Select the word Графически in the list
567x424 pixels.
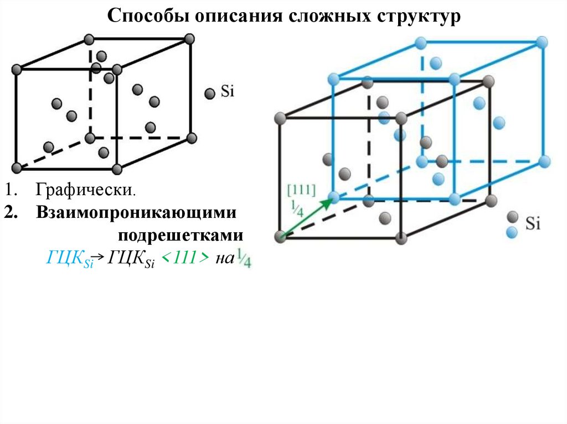pos(85,191)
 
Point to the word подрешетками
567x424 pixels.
pos(180,235)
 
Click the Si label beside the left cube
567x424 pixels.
pos(228,92)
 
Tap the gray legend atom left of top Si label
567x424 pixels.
pos(209,93)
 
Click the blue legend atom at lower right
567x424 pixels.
pos(513,232)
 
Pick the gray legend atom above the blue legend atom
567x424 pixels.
pos(513,217)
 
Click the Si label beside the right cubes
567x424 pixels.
pos(533,224)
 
